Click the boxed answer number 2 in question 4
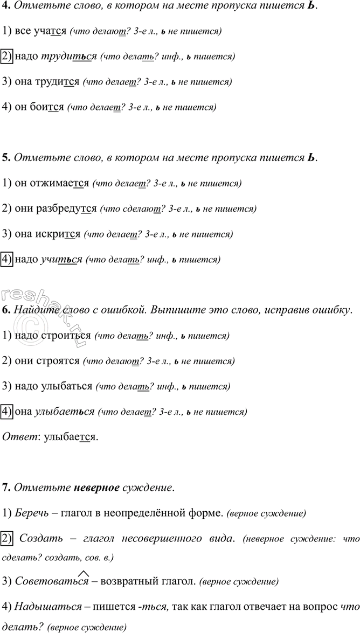coord(8,56)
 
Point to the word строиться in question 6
coord(65,335)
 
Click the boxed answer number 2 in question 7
coord(8,538)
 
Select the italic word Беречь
coord(31,513)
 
